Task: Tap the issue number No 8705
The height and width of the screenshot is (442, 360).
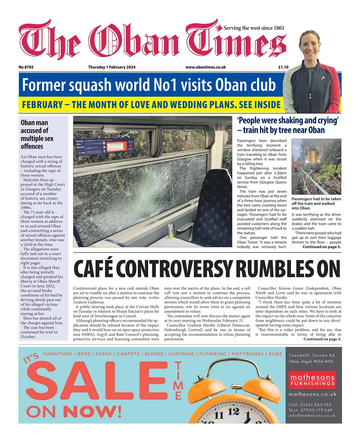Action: pyautogui.click(x=26, y=67)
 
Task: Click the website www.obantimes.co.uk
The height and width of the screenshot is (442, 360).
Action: pyautogui.click(x=205, y=67)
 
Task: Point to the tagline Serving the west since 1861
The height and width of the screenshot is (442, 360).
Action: pyautogui.click(x=254, y=28)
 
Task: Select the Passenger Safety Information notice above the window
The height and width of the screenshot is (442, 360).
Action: pyautogui.click(x=104, y=146)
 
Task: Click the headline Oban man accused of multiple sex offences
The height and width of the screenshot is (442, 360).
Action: pyautogui.click(x=37, y=134)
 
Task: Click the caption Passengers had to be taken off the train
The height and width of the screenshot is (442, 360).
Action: pyautogui.click(x=316, y=203)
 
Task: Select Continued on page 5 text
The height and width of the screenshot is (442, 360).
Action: pyautogui.click(x=321, y=247)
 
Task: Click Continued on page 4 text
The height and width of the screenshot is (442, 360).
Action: pyautogui.click(x=322, y=339)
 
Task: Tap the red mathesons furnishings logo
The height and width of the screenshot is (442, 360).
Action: pyautogui.click(x=312, y=380)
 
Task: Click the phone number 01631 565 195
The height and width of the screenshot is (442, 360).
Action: pyautogui.click(x=310, y=405)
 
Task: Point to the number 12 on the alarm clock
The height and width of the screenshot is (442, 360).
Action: pyautogui.click(x=233, y=412)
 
